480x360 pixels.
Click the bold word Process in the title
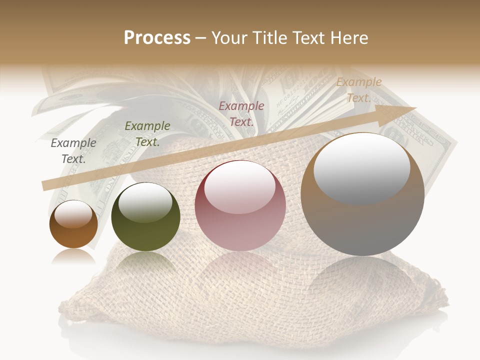(x=157, y=38)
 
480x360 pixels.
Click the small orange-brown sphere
(x=73, y=224)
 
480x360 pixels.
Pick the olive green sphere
(x=145, y=217)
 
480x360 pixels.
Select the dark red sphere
(x=240, y=205)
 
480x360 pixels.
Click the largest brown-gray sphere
(x=362, y=195)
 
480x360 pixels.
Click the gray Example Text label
(x=73, y=151)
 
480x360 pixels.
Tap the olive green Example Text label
(x=147, y=134)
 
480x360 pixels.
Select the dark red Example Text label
(x=241, y=113)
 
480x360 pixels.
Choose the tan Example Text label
(x=358, y=90)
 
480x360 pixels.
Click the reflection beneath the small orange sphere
(x=73, y=256)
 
